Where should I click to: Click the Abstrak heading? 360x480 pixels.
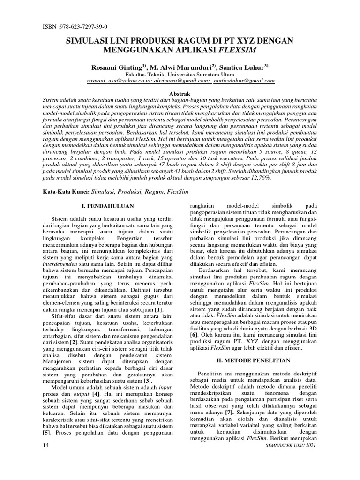180,94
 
